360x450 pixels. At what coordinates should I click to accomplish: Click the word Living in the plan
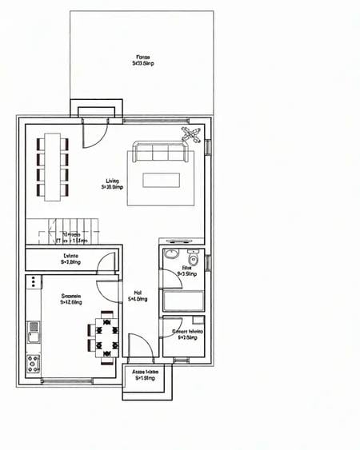click(112, 181)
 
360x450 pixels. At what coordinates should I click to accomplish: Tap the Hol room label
click(138, 293)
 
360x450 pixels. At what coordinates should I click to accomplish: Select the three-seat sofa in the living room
click(162, 152)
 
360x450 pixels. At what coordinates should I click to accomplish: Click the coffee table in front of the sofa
click(161, 180)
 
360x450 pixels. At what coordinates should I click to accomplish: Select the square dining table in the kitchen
click(106, 335)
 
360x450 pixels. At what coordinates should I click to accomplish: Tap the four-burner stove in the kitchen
click(34, 363)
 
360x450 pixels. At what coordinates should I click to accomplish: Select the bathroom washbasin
click(170, 255)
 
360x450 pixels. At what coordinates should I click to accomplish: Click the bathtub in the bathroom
click(183, 301)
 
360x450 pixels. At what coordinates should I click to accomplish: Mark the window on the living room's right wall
click(207, 148)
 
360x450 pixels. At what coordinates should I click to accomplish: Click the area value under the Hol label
click(138, 300)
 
